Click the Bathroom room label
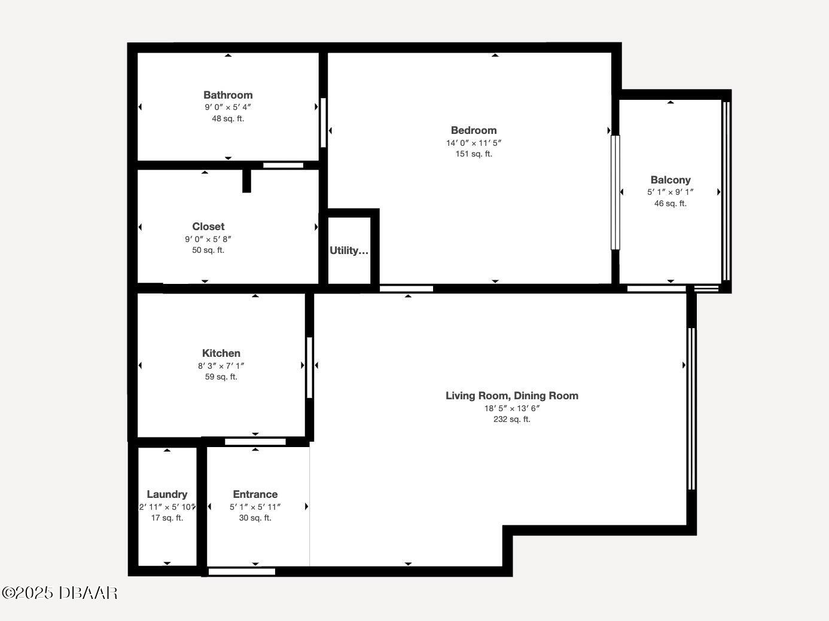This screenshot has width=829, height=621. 228,95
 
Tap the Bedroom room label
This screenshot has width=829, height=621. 474,130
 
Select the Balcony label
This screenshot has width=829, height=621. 670,180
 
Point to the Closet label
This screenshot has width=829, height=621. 208,227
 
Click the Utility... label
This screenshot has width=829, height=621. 349,250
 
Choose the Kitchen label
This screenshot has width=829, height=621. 221,353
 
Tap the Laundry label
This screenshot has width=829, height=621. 167,494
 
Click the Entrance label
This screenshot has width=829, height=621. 255,494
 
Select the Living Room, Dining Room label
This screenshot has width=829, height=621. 512,396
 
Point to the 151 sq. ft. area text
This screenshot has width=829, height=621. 474,154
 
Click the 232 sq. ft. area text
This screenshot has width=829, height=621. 512,419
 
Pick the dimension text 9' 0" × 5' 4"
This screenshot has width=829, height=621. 228,107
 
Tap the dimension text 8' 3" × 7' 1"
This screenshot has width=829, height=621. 221,366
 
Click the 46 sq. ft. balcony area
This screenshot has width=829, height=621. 670,203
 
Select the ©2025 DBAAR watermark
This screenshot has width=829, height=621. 60,593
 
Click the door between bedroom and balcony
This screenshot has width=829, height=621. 615,192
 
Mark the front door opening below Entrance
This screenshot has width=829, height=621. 242,571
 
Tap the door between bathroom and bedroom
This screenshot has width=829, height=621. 324,123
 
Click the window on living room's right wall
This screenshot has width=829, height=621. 692,409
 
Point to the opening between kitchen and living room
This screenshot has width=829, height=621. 310,368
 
